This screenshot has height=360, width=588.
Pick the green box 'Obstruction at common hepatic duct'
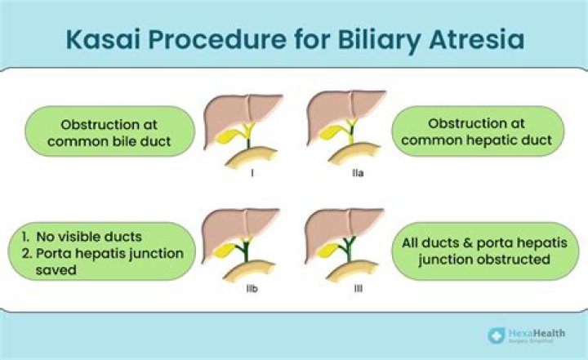[477, 132]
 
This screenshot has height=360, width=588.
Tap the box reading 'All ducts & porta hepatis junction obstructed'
[477, 251]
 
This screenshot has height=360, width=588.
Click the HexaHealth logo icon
[495, 335]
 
